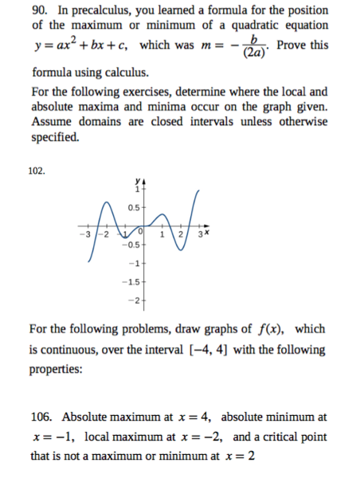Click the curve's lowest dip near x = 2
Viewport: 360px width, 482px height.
180,248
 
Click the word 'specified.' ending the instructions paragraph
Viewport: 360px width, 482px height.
55,138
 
